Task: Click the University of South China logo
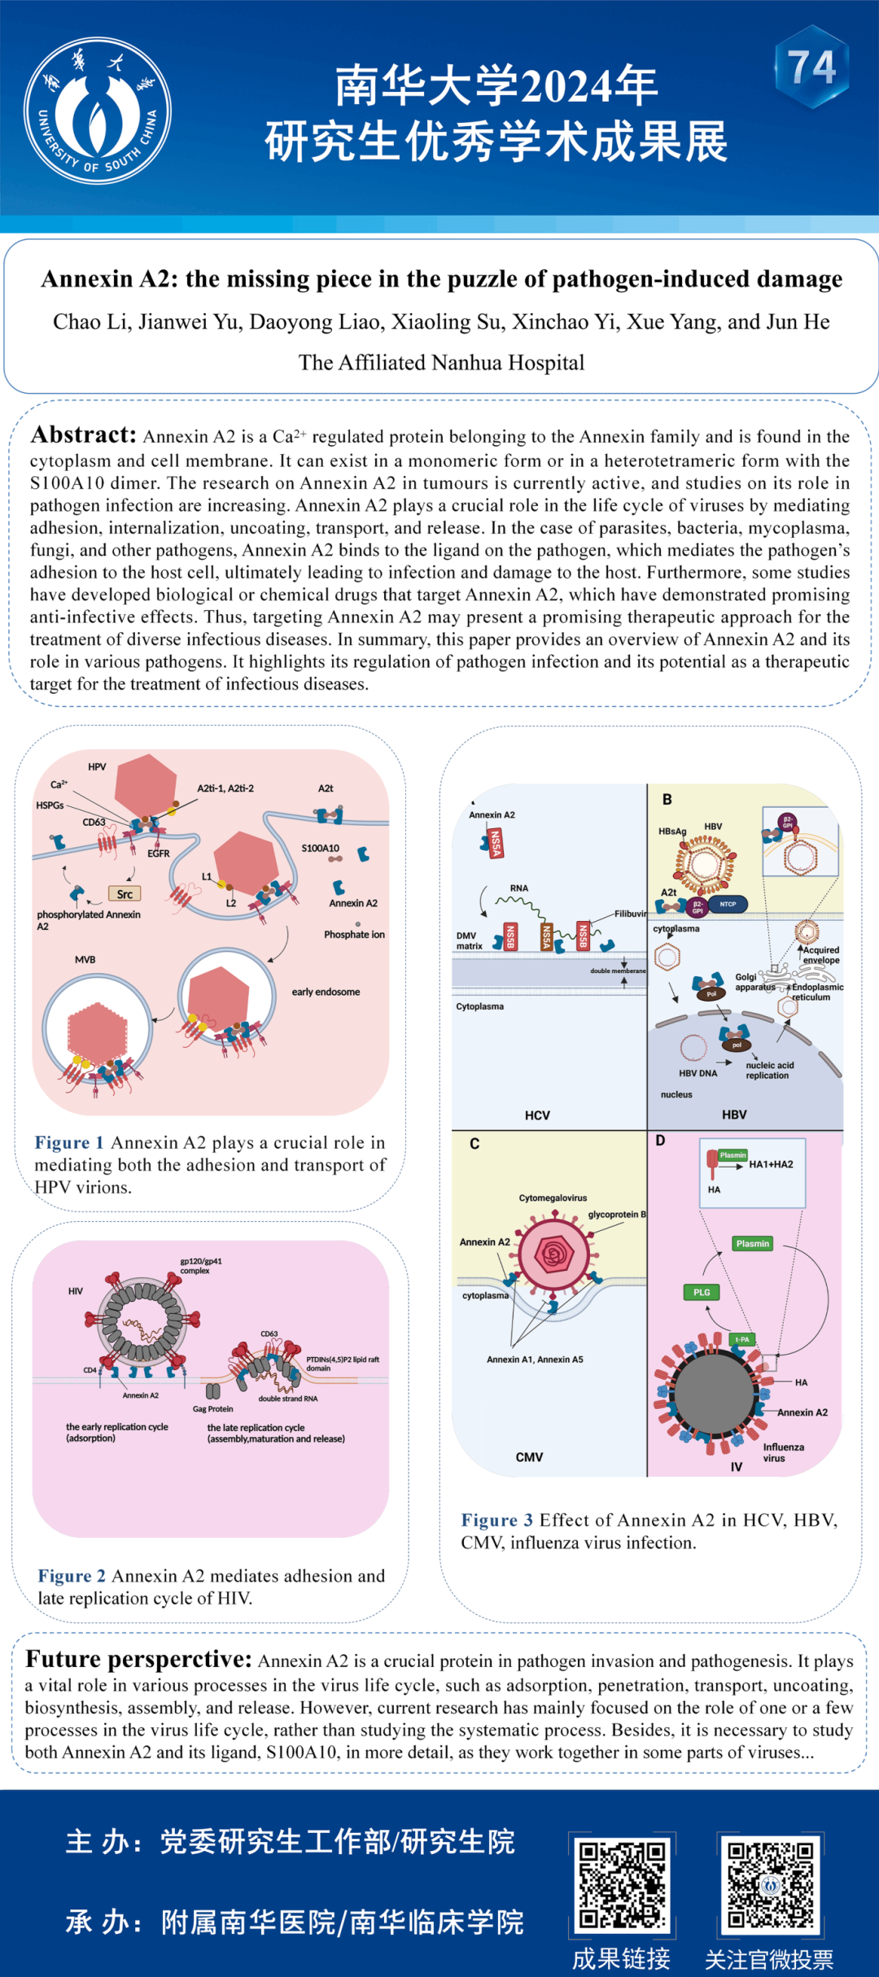pyautogui.click(x=98, y=111)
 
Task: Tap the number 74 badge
pyautogui.click(x=811, y=68)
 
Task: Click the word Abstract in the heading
pyautogui.click(x=84, y=435)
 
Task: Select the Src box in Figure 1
pyautogui.click(x=125, y=894)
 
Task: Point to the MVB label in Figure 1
pyautogui.click(x=85, y=960)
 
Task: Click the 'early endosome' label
pyautogui.click(x=326, y=992)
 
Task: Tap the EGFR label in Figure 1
pyautogui.click(x=159, y=853)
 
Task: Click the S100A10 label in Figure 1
pyautogui.click(x=321, y=848)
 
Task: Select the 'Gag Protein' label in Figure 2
pyautogui.click(x=212, y=1409)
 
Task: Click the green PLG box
pyautogui.click(x=702, y=1292)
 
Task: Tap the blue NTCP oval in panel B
pyautogui.click(x=728, y=904)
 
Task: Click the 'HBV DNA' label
pyautogui.click(x=698, y=1073)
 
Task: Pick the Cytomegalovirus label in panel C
pyautogui.click(x=553, y=1198)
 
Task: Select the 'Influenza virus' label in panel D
pyautogui.click(x=783, y=1452)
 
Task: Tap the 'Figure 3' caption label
pyautogui.click(x=497, y=1521)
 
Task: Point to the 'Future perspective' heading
pyautogui.click(x=138, y=1660)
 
